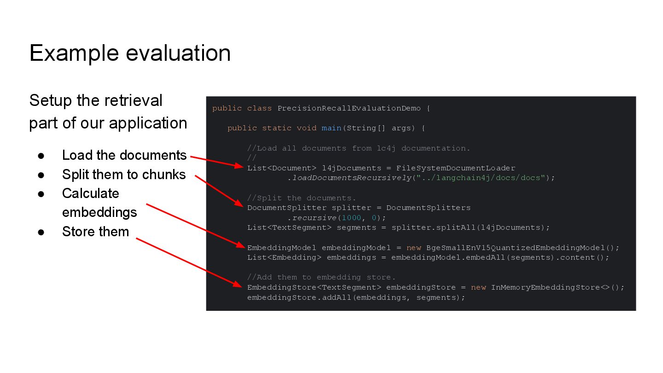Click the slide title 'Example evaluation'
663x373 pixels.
(x=130, y=53)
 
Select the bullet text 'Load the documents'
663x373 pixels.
(x=124, y=155)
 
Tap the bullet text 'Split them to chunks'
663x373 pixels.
(x=124, y=175)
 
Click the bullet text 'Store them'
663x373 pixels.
(x=95, y=232)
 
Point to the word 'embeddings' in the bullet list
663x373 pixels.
(x=99, y=212)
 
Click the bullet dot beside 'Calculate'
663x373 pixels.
(x=41, y=194)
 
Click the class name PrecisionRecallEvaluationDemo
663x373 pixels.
(x=349, y=108)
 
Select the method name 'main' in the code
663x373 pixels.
(x=331, y=128)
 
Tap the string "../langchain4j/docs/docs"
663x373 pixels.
(x=481, y=178)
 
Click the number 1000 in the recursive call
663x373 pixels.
(x=352, y=218)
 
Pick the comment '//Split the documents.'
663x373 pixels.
(x=302, y=198)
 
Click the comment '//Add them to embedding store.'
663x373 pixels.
(x=321, y=277)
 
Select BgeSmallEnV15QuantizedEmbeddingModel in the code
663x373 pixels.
(x=520, y=248)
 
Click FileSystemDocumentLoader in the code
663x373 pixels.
(x=456, y=168)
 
